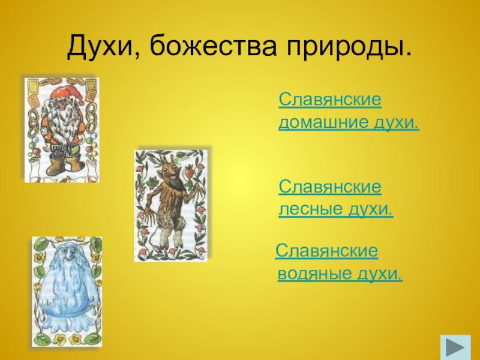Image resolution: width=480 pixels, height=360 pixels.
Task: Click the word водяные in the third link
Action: [x=314, y=274]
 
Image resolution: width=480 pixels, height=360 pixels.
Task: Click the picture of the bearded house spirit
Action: [x=61, y=128]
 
